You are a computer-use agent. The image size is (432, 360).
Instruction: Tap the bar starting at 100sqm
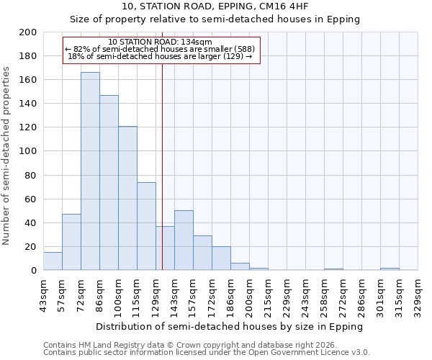tap(127, 198)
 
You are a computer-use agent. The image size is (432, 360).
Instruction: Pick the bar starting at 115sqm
tap(146, 226)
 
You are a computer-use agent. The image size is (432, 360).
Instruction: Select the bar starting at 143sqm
tap(184, 240)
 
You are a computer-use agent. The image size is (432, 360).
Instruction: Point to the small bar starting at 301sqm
tap(390, 269)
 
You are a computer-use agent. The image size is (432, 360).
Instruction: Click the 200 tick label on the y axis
tap(28, 32)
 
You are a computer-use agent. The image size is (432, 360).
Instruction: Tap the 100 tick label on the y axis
tap(28, 152)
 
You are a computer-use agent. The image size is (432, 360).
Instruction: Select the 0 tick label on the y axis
tap(33, 271)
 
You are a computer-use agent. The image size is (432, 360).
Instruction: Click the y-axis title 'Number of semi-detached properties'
tap(7, 155)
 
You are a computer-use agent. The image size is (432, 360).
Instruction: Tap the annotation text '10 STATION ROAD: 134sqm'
tap(160, 42)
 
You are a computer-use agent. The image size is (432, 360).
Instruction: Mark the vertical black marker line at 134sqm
tap(162, 180)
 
